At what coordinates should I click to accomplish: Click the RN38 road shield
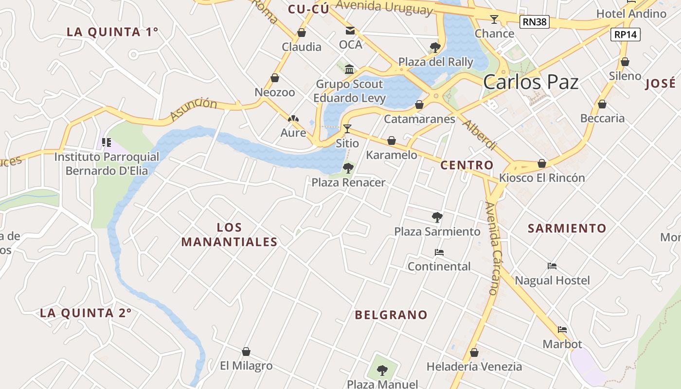[534, 21]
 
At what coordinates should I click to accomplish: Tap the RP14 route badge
[626, 35]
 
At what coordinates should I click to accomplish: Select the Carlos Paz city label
[531, 82]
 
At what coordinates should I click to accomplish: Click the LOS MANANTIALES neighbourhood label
[229, 235]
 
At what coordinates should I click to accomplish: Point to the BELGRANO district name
[391, 315]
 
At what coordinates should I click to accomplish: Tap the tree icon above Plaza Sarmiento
[437, 217]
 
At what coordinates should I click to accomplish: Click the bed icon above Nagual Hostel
[552, 266]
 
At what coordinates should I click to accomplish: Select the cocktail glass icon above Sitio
[347, 128]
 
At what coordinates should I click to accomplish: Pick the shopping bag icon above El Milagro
[246, 351]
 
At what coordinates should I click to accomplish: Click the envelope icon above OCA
[350, 31]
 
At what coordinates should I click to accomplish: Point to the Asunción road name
[194, 109]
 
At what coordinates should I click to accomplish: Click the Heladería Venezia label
[474, 367]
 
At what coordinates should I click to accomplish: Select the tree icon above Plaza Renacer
[348, 168]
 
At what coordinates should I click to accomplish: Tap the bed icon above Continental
[439, 252]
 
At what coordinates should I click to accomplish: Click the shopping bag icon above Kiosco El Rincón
[541, 163]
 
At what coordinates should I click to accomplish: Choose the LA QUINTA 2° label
[86, 313]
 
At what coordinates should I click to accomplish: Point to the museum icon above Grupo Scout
[349, 69]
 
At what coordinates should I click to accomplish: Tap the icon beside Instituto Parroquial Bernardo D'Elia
[107, 142]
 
